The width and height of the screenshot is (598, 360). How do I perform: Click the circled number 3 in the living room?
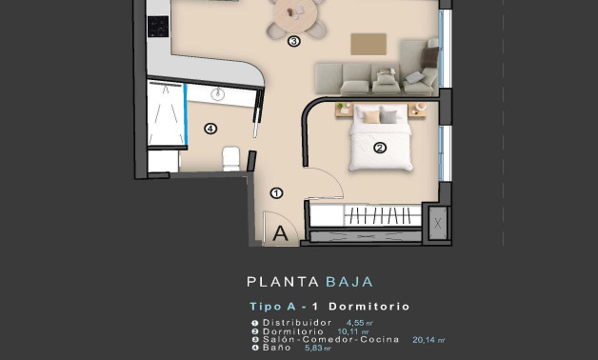pos(294,41)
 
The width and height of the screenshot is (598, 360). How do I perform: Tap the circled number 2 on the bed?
pos(379,148)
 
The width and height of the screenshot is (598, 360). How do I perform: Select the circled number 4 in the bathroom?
pos(210,129)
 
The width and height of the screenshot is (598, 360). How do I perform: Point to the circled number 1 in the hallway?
pos(276,192)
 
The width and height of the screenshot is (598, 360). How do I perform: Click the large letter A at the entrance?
pos(282,231)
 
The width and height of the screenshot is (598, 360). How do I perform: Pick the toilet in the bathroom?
pos(231,157)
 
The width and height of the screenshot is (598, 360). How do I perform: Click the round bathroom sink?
pos(218,93)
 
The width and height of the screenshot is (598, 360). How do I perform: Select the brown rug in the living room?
pos(369,44)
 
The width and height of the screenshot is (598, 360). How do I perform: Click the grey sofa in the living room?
pos(371,77)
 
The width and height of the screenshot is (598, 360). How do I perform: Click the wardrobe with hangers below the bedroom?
pos(366,216)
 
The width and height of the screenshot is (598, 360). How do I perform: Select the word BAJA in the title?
pos(349,282)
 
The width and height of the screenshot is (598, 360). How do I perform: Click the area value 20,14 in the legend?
pos(425,340)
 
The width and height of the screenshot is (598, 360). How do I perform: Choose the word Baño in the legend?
pos(274,348)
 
